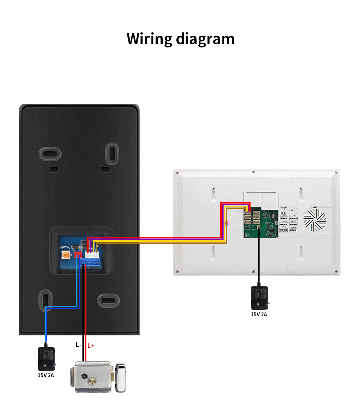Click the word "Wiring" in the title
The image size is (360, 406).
(149, 39)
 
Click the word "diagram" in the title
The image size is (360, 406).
(205, 39)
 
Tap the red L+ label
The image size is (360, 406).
(91, 345)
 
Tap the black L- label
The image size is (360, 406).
(78, 345)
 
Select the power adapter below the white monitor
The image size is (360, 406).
(259, 298)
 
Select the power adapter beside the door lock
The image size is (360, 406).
(46, 358)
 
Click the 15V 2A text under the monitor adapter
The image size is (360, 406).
(259, 314)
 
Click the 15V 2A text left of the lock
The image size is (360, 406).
(46, 375)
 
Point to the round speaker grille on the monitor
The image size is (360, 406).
(315, 219)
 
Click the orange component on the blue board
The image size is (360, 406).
(66, 255)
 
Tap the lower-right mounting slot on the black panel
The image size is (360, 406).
(108, 300)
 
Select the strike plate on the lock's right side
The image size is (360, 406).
(122, 378)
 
